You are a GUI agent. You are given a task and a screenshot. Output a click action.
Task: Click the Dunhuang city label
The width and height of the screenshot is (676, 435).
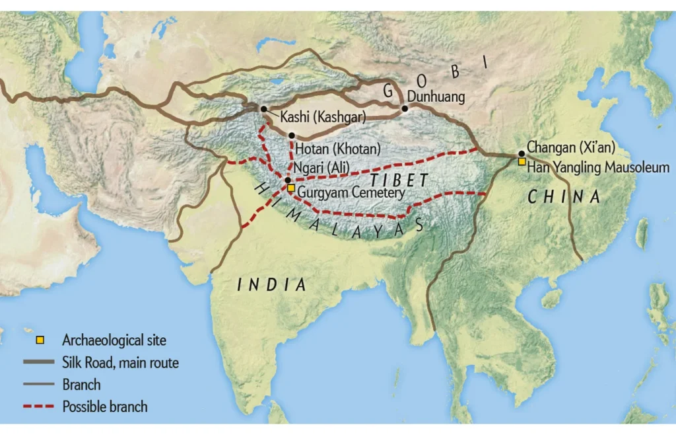(x=436, y=97)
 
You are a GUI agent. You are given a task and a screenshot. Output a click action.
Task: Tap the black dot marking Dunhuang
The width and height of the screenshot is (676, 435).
(x=405, y=107)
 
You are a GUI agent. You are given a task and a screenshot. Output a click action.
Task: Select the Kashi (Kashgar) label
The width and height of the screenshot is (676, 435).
(x=323, y=117)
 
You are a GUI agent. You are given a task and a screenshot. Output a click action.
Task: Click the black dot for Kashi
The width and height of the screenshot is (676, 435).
(x=264, y=108)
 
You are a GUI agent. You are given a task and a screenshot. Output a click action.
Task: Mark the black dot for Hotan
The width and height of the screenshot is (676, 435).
(x=291, y=135)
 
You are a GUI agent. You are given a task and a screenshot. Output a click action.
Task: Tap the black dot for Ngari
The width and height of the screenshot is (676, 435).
(x=288, y=179)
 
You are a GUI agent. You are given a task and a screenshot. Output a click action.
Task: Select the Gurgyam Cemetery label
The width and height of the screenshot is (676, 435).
(x=351, y=192)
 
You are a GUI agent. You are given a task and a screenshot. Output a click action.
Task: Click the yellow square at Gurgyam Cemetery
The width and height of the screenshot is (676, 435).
(x=291, y=188)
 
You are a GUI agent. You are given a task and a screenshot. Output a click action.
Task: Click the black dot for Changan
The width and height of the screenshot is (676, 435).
(x=522, y=153)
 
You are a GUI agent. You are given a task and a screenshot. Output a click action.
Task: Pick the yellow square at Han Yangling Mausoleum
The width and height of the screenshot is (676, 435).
(x=522, y=161)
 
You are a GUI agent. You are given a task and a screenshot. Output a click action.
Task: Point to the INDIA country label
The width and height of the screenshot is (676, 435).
(x=272, y=285)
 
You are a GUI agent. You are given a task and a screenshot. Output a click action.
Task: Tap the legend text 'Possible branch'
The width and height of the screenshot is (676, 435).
(x=105, y=406)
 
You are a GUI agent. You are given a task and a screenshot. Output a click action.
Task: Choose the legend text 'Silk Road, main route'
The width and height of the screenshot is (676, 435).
(x=120, y=362)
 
